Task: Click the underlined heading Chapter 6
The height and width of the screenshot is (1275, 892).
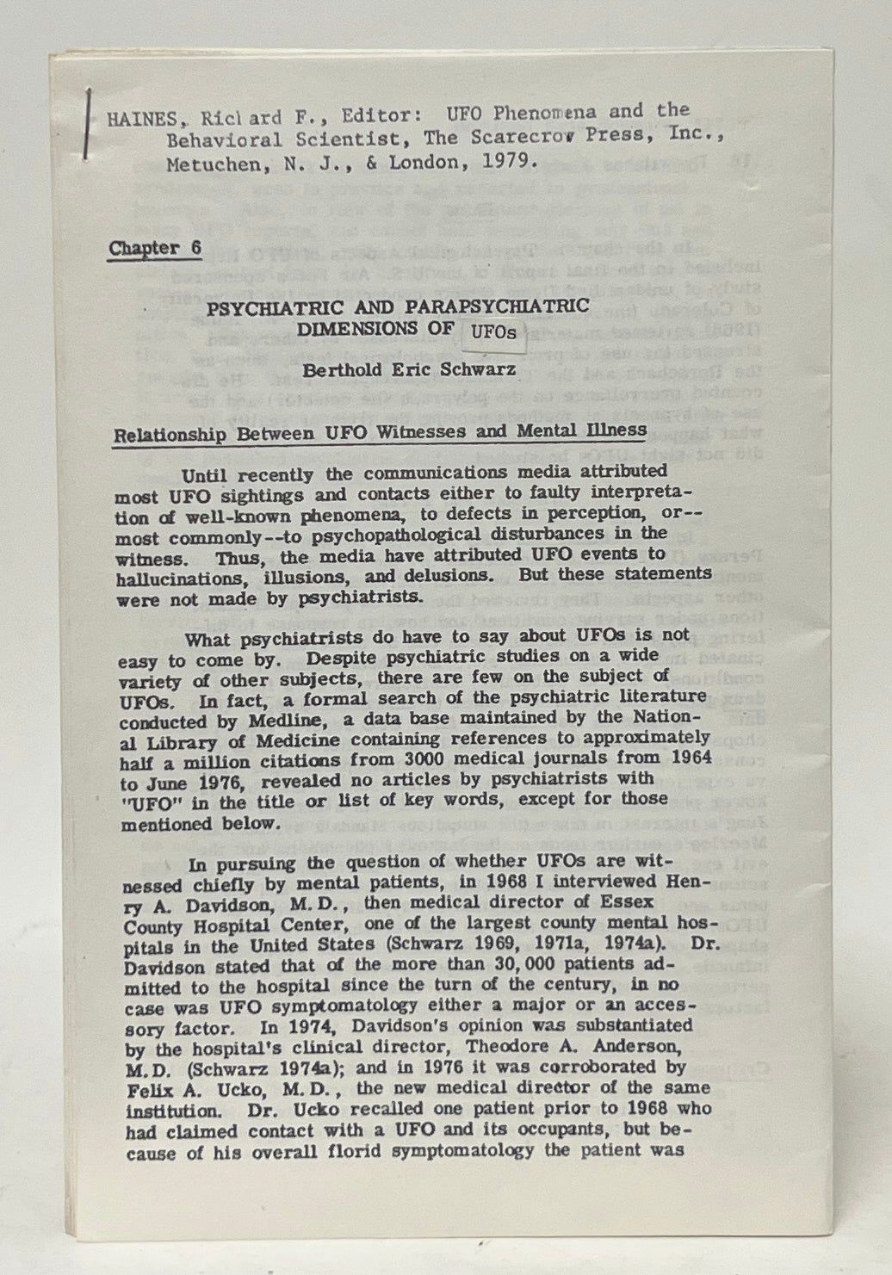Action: (155, 249)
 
